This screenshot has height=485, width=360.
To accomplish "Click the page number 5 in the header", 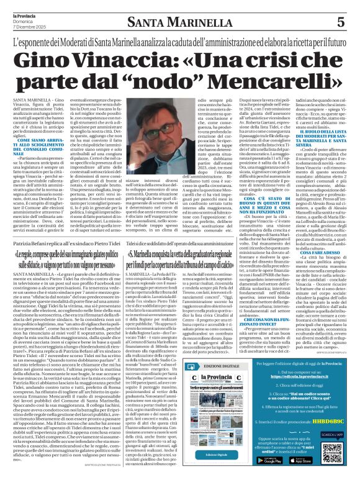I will click(341, 22).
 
